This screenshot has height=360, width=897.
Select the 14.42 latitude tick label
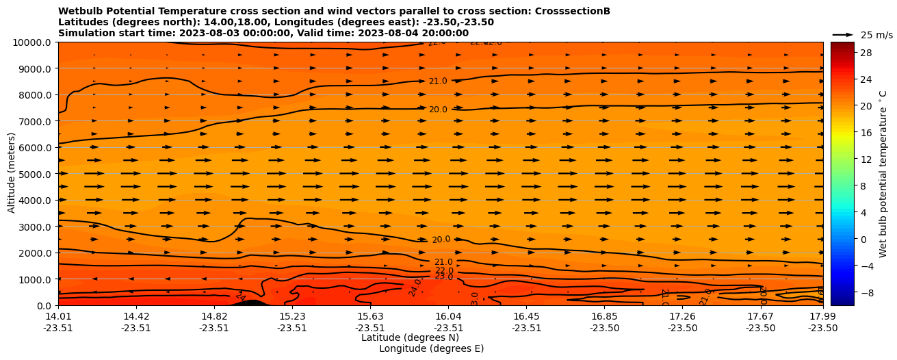tap(136, 316)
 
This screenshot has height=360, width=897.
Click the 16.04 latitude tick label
tap(448, 316)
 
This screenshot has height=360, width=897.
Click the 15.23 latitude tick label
tap(292, 316)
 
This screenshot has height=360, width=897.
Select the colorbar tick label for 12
tap(864, 159)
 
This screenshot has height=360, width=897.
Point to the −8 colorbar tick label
tap(866, 292)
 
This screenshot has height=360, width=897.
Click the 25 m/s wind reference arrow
tap(843, 34)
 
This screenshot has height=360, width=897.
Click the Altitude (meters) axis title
tap(12, 173)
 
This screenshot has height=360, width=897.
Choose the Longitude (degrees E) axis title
tap(431, 348)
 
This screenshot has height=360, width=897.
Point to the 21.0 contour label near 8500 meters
tap(438, 81)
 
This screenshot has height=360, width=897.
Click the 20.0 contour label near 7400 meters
tap(438, 110)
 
